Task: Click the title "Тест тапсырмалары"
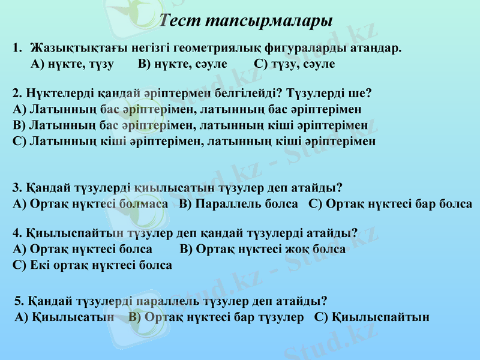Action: tap(247, 21)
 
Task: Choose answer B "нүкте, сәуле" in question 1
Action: tap(182, 64)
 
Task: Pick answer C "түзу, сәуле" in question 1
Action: tap(294, 64)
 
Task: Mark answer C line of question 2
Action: tap(194, 142)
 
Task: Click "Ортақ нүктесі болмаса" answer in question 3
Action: tap(90, 203)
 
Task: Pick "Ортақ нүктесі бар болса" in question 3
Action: tap(390, 203)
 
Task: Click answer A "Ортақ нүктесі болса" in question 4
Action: tap(82, 249)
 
